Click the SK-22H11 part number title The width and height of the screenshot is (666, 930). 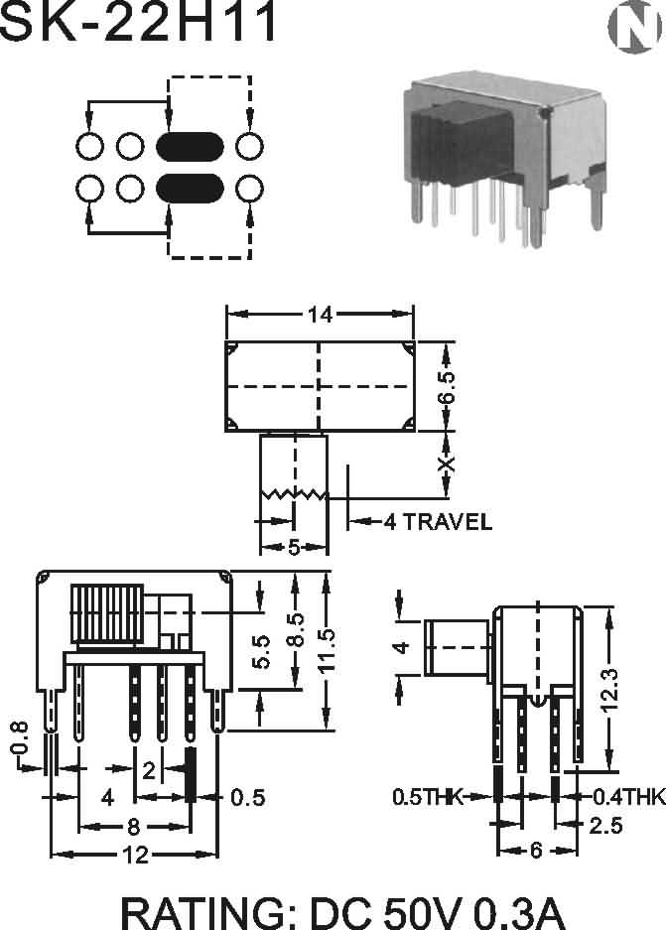pos(138,21)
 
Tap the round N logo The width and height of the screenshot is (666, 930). pos(634,27)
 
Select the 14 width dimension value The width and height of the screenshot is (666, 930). pos(320,315)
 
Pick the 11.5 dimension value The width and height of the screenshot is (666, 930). pos(327,651)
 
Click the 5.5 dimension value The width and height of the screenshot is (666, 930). pos(261,651)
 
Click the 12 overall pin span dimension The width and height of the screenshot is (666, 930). pos(135,855)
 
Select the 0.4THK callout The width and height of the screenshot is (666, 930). pos(629,797)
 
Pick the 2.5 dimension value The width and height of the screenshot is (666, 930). pos(605,825)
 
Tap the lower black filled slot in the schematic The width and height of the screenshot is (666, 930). pos(190,189)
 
